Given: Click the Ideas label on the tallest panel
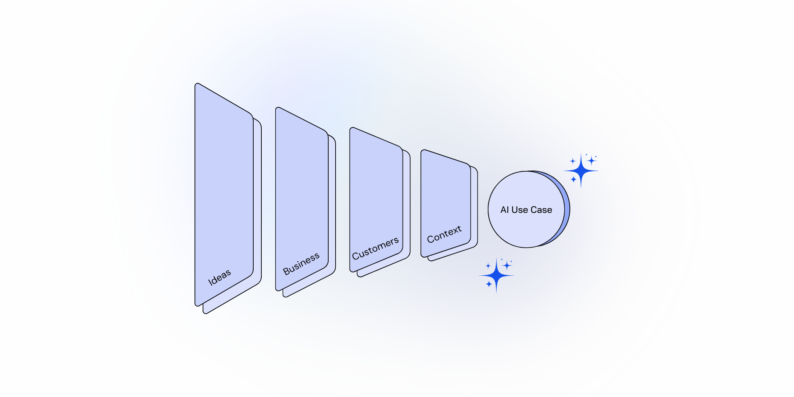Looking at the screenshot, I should click(x=219, y=278).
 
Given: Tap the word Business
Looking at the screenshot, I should click(x=301, y=264).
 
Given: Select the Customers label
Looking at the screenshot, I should click(x=375, y=248).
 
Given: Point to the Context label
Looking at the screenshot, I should click(x=444, y=234).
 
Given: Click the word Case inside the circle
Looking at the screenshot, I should click(x=541, y=210).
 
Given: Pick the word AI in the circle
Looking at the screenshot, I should click(x=504, y=210).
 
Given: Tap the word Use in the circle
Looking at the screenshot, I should click(x=520, y=210).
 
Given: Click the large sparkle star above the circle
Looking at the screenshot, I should click(x=581, y=171).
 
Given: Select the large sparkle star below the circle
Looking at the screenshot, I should click(x=496, y=275).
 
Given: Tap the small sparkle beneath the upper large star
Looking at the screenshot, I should click(x=573, y=179).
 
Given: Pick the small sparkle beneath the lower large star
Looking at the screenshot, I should click(x=489, y=284).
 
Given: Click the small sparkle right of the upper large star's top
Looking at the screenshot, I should click(x=591, y=161).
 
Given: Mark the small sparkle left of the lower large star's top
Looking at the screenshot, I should click(x=488, y=266).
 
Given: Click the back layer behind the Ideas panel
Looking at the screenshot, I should click(x=257, y=206).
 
